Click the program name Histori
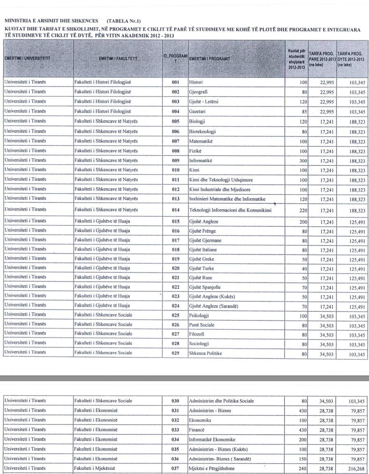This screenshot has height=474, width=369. [196, 82]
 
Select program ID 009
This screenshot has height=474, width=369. [176, 160]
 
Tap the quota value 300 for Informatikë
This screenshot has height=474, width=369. [302, 161]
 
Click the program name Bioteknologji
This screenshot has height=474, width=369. [203, 131]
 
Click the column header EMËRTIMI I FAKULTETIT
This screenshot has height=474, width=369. [118, 59]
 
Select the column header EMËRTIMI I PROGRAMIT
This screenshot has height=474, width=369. [209, 59]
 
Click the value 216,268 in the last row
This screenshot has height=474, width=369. [356, 468]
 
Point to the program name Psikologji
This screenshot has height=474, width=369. [199, 315]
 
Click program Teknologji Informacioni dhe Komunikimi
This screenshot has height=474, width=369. [230, 210]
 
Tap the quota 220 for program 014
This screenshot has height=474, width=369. [302, 210]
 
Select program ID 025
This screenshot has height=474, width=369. [176, 315]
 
